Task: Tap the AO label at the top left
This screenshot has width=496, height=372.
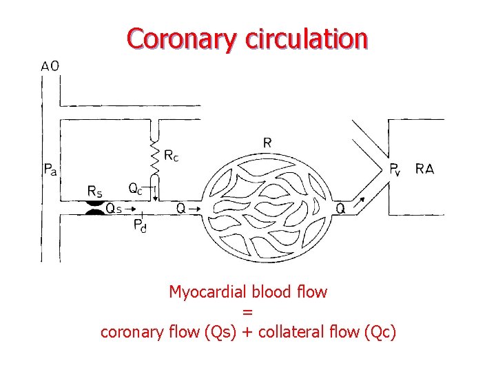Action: pyautogui.click(x=50, y=66)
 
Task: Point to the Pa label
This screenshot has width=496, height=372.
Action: pyautogui.click(x=50, y=169)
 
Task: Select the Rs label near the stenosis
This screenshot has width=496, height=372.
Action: pyautogui.click(x=94, y=191)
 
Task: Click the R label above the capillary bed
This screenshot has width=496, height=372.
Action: pyautogui.click(x=267, y=143)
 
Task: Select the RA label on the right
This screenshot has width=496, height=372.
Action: pyautogui.click(x=424, y=169)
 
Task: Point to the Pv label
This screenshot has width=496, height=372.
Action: pyautogui.click(x=395, y=169)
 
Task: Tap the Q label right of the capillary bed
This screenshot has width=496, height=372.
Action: pyautogui.click(x=340, y=207)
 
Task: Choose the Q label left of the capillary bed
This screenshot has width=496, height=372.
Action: pyautogui.click(x=181, y=207)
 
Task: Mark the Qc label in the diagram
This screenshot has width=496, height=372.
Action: pyautogui.click(x=136, y=188)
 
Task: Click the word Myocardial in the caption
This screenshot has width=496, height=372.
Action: pyautogui.click(x=203, y=292)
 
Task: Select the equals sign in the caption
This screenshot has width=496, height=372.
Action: pyautogui.click(x=248, y=312)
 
